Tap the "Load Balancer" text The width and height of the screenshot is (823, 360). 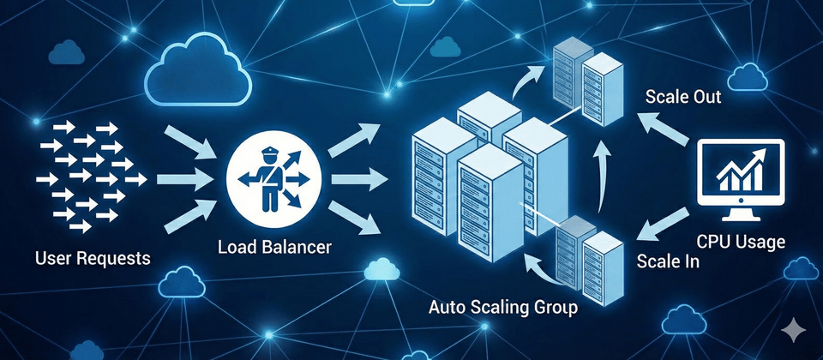(x=274, y=249)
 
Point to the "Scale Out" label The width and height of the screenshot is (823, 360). (x=682, y=97)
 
